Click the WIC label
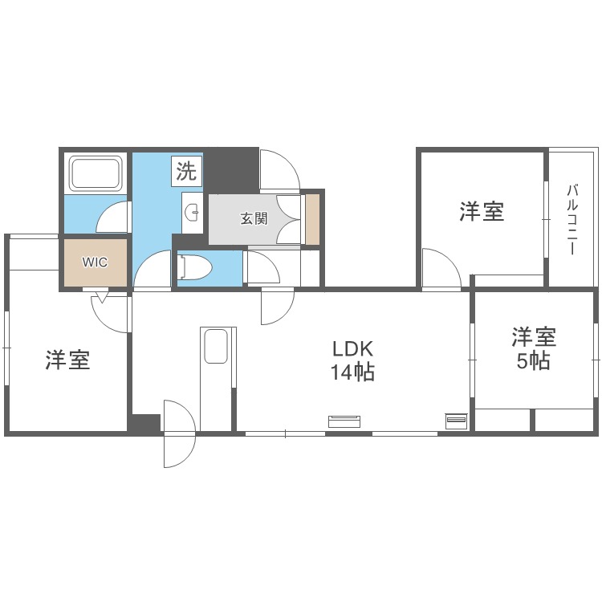96,262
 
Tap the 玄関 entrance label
254,218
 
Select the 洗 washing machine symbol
187,171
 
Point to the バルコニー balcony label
572,219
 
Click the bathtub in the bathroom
96,173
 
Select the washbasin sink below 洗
192,213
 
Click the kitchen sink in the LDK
216,348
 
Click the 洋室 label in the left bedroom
67,360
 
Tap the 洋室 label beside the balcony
482,212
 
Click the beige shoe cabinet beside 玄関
312,218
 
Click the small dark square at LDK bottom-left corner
145,423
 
